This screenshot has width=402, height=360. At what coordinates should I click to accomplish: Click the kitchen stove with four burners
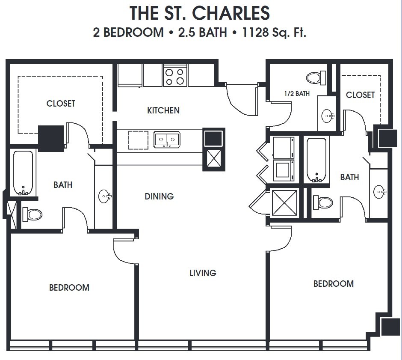(174, 76)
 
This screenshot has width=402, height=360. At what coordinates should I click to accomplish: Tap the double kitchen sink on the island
(167, 140)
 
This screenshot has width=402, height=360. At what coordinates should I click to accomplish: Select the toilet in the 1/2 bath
(316, 77)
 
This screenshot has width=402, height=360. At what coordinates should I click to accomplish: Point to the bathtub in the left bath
(23, 173)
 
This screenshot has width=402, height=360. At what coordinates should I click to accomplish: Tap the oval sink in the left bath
(104, 196)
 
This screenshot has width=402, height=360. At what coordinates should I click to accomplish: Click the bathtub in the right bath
(316, 160)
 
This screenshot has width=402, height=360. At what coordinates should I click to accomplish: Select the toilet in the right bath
(323, 202)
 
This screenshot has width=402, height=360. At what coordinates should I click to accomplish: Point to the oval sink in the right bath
(379, 191)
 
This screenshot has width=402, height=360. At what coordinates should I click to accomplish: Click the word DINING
(159, 196)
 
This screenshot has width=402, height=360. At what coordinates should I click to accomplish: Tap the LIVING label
(203, 273)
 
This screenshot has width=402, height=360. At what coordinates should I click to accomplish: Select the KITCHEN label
(163, 110)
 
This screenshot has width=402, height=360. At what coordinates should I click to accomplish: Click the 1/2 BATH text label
(297, 93)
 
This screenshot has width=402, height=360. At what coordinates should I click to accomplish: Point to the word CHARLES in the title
(231, 13)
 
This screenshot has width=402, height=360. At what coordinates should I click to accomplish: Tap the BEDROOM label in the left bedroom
(69, 288)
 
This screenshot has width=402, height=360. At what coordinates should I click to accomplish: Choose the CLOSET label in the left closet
(61, 104)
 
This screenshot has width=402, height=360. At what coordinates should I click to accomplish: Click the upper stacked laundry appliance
(284, 147)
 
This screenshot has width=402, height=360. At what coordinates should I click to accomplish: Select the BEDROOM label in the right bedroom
(334, 283)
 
